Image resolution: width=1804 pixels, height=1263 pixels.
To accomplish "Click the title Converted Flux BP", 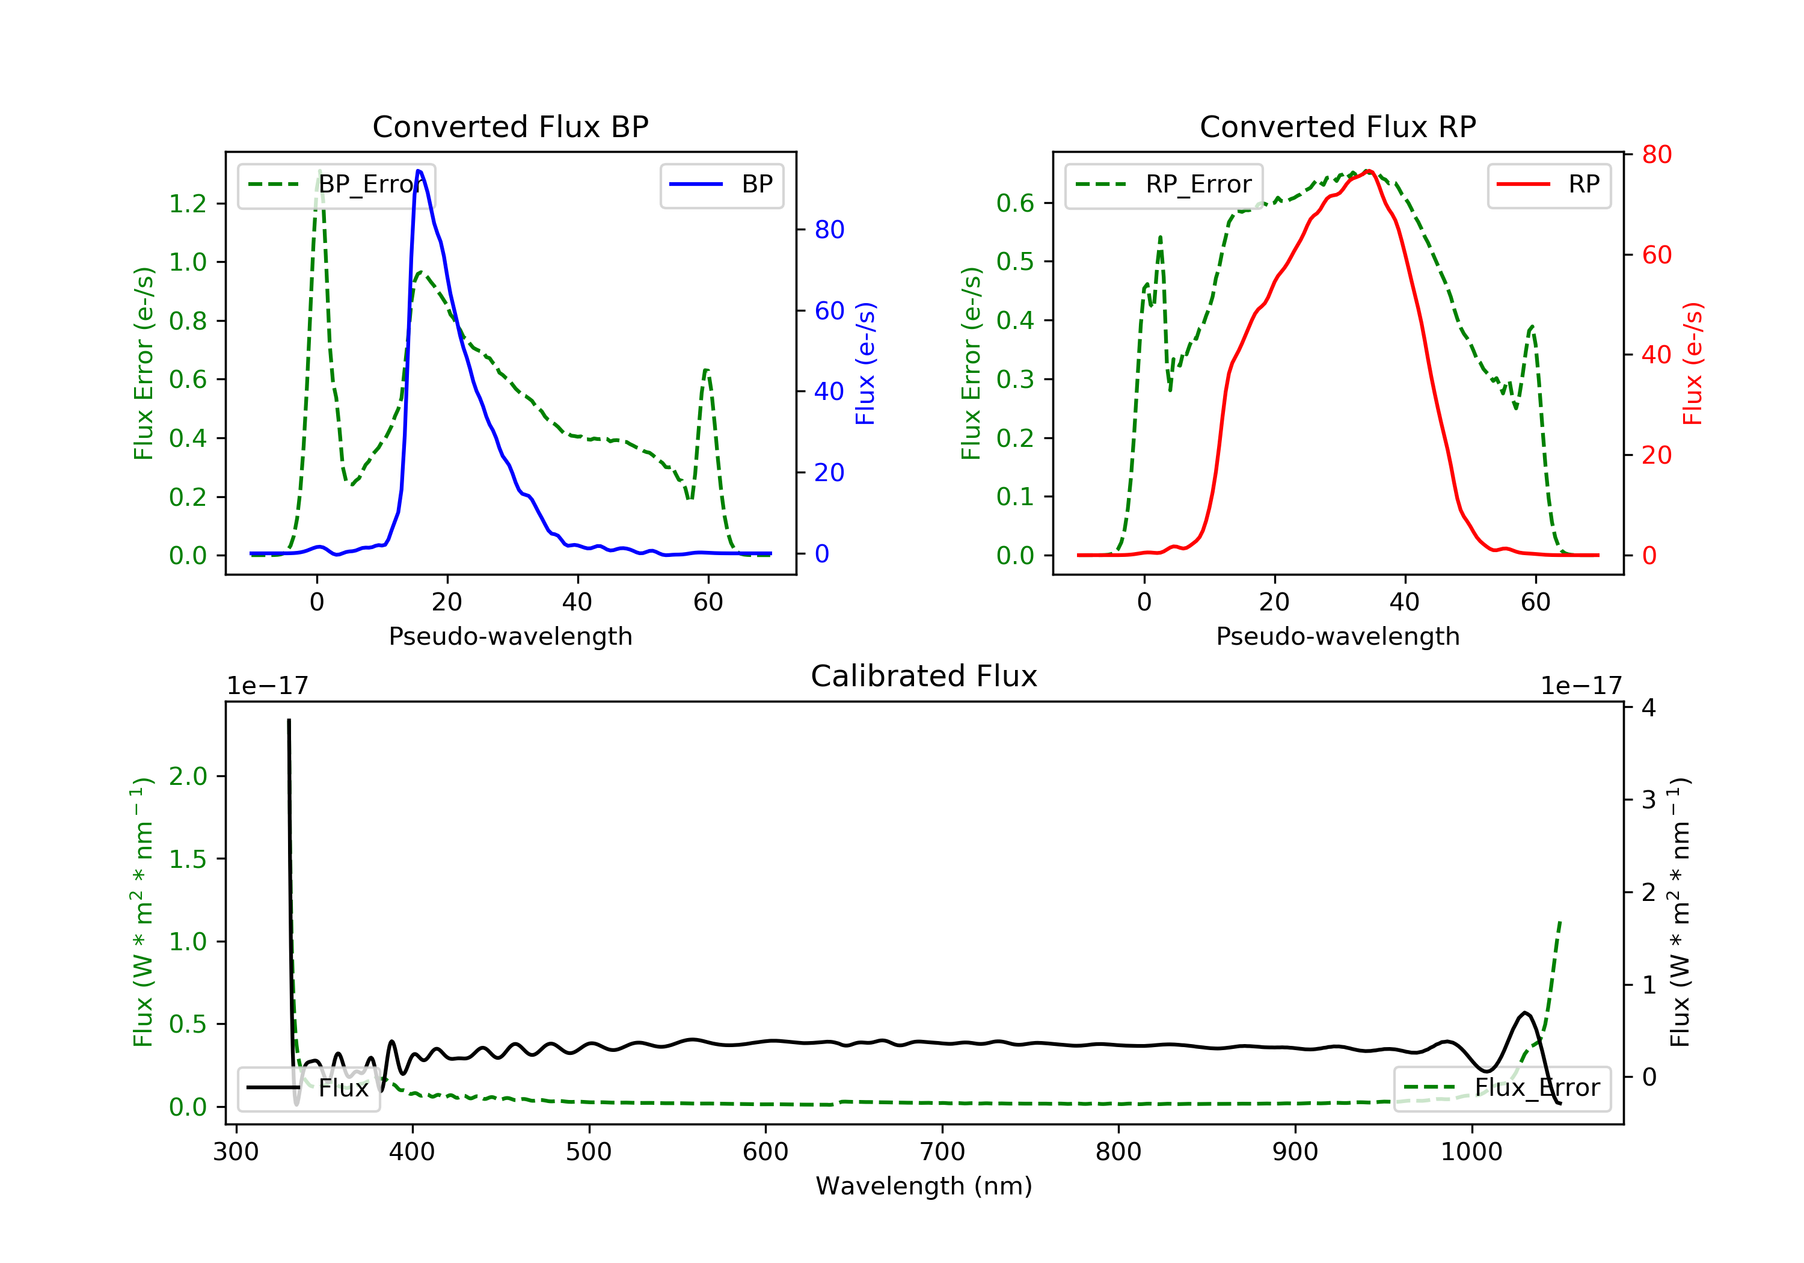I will point(510,126).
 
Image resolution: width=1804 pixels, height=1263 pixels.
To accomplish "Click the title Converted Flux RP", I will point(1337,126).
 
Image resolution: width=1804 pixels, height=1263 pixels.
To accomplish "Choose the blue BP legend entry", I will point(721,185).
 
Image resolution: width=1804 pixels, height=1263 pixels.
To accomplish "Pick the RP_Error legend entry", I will point(1164,185).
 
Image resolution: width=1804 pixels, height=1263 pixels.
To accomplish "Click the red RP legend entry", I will point(1548,185).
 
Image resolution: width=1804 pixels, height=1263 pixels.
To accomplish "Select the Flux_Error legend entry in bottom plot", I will point(1502,1088).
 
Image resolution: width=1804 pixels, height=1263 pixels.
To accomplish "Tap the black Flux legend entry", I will point(309,1088).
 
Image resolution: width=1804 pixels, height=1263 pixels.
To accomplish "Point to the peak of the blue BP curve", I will point(419,171).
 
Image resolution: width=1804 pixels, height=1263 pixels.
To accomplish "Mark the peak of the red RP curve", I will point(1368,171).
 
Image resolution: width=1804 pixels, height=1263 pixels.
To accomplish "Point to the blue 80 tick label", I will point(829,230).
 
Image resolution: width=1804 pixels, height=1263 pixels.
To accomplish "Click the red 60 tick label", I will point(1656,254).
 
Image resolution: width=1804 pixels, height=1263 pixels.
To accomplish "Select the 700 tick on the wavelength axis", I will point(942,1152).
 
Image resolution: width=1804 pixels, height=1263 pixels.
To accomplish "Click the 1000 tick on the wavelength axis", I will point(1471,1152).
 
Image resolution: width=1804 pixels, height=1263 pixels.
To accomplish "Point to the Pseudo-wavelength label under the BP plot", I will point(510,636).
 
